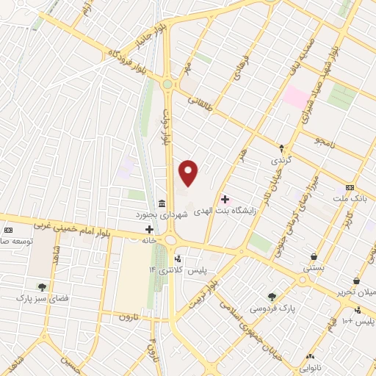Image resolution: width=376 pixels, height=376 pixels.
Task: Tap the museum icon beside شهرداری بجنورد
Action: point(162,203)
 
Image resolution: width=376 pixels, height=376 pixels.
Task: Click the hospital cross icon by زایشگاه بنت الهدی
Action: point(224,198)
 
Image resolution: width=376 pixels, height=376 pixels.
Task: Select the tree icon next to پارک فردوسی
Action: point(272,297)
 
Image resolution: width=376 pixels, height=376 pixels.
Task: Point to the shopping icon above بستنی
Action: point(314,256)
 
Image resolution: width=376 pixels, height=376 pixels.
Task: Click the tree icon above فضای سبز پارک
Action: point(41,286)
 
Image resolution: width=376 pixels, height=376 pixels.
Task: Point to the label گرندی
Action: point(281,159)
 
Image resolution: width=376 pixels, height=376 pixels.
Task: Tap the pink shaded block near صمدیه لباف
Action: point(297,96)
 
